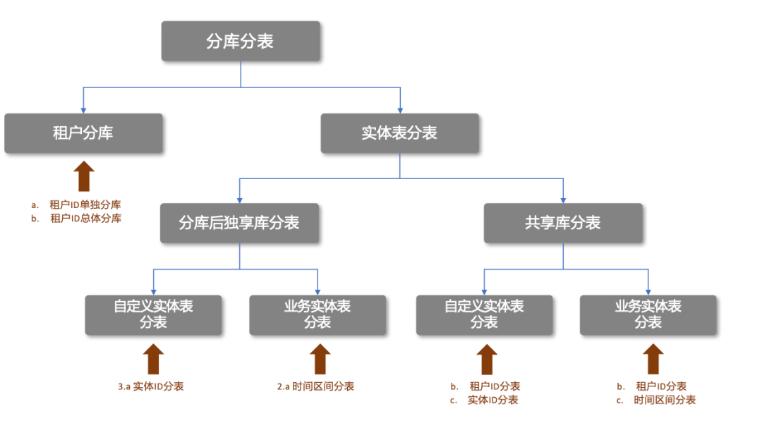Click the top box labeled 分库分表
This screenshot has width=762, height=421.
(241, 41)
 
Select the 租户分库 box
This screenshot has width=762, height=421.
(83, 133)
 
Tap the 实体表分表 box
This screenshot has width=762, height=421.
(399, 133)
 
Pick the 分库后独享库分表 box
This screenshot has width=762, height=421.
(240, 223)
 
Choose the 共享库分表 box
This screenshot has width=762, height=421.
(563, 223)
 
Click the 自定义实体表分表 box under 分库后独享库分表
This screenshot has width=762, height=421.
(154, 315)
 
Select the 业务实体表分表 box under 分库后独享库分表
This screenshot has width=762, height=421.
(317, 315)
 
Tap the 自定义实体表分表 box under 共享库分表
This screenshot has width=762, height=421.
(484, 315)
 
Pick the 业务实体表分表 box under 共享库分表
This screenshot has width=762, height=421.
(648, 315)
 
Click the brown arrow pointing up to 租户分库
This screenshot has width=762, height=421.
(84, 176)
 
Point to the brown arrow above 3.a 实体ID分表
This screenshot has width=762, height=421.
(153, 359)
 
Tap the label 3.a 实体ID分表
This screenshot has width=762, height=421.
(151, 386)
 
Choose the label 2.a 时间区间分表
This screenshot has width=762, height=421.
(315, 386)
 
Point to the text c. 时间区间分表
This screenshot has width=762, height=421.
(655, 400)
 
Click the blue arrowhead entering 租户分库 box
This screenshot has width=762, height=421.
(83, 110)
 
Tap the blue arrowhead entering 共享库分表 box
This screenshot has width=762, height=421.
(563, 200)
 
